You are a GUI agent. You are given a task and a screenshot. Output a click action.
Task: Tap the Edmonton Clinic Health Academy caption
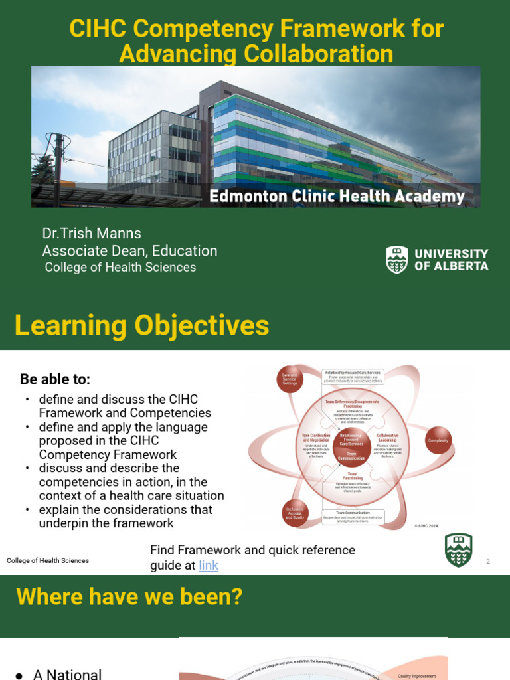click(337, 197)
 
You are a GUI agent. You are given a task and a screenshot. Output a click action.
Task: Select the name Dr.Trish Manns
click(92, 233)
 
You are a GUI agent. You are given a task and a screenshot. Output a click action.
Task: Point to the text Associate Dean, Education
click(129, 251)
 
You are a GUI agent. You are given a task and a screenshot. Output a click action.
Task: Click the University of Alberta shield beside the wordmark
click(397, 260)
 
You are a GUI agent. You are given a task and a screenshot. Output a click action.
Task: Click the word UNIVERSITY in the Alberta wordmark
click(451, 254)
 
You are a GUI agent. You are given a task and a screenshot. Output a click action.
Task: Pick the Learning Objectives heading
click(142, 326)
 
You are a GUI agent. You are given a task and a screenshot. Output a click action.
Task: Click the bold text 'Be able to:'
click(55, 379)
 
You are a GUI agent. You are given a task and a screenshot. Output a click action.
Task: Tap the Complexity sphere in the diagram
click(438, 440)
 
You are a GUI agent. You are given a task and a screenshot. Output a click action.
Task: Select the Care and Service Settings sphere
click(290, 379)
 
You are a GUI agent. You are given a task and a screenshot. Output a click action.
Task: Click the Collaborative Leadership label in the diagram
click(387, 438)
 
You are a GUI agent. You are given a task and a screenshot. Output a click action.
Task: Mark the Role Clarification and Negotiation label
click(316, 438)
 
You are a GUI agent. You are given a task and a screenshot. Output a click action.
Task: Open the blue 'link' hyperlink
click(209, 565)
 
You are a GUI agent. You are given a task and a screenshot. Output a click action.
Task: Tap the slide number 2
click(487, 562)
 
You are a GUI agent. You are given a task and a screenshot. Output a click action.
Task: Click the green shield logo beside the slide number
click(458, 550)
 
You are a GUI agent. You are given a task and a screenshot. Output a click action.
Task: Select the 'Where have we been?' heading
click(129, 597)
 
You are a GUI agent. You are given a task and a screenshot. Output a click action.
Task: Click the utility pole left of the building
click(60, 159)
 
